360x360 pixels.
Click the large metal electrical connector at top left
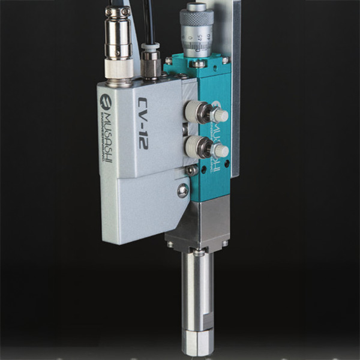(x=119, y=42)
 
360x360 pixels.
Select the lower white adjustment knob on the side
(x=220, y=150)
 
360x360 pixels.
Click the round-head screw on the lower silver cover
(x=182, y=191)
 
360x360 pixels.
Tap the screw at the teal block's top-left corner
(x=169, y=61)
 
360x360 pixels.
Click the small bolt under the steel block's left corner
(x=170, y=245)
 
